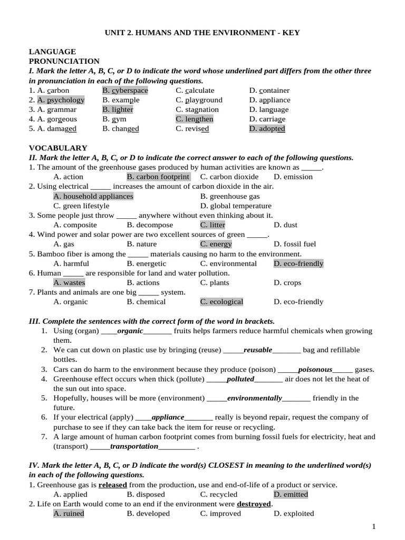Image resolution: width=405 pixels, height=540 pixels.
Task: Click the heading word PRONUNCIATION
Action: click(64, 61)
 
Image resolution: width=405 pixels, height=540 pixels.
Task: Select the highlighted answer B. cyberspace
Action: click(126, 90)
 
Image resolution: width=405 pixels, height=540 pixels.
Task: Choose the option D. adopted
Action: click(267, 129)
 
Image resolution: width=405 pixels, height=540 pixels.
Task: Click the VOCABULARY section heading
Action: click(58, 148)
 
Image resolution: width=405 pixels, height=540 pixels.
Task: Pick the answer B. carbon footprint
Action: click(158, 177)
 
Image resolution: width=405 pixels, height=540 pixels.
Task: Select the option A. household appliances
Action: click(93, 196)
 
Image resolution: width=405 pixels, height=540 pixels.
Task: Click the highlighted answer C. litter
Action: click(213, 225)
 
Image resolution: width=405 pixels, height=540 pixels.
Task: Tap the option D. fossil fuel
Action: click(295, 244)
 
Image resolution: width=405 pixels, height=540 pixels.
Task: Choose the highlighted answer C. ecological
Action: click(221, 302)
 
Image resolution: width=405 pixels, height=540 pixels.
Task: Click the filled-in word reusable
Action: click(258, 350)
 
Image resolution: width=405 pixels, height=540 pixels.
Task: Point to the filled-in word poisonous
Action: click(315, 370)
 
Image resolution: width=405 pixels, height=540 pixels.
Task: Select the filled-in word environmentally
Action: click(255, 398)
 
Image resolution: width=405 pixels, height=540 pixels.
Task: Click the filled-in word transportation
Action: click(134, 446)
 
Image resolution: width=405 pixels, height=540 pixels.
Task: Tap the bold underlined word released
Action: click(113, 485)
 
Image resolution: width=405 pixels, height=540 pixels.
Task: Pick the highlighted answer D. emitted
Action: click(291, 495)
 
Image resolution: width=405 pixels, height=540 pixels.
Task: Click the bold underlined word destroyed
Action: click(254, 504)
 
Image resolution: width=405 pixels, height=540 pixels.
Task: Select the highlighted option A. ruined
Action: click(69, 514)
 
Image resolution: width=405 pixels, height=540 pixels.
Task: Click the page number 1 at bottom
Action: click(374, 526)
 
